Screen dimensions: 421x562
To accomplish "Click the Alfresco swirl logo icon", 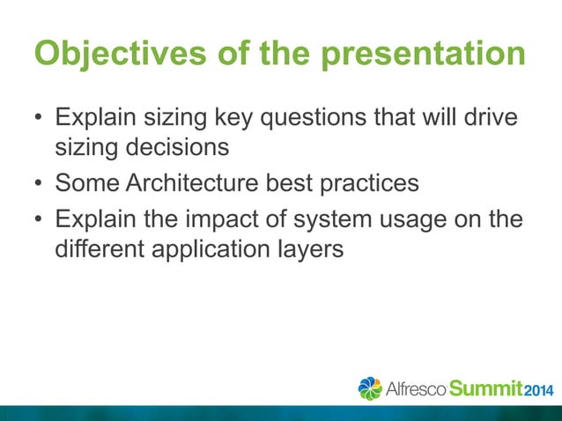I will coord(370,388).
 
